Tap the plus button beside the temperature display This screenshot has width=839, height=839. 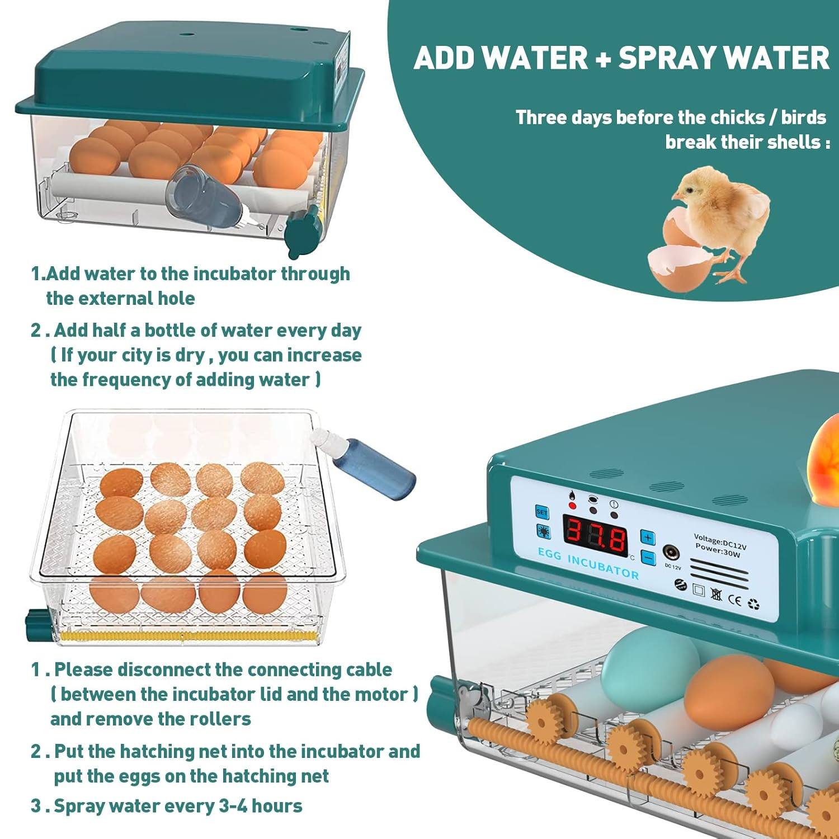point(648,538)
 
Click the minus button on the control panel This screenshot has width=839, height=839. point(648,558)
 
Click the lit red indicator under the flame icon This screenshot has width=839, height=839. point(572,506)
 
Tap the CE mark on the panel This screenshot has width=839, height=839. point(735,600)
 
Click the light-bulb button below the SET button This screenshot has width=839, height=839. point(543,531)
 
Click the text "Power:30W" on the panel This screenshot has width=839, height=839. point(718,551)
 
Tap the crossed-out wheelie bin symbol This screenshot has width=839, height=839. point(717,594)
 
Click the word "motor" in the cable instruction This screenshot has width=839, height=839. point(381,694)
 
